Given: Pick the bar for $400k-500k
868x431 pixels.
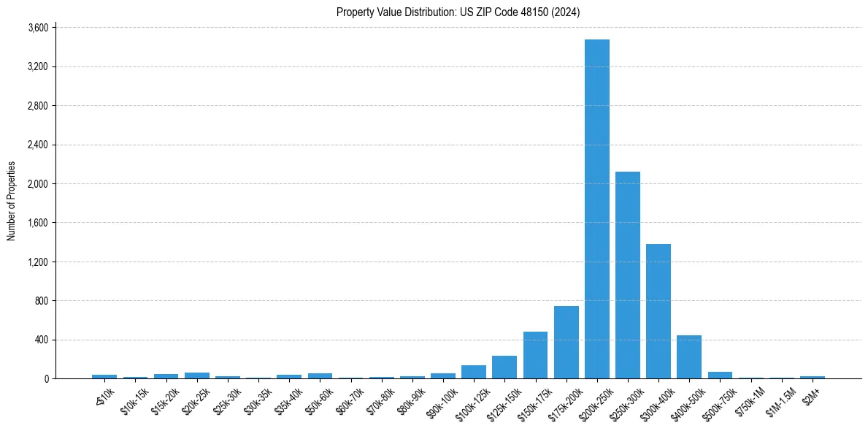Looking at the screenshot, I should coord(688,357).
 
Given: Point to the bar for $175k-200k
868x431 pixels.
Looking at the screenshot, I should coord(566,343).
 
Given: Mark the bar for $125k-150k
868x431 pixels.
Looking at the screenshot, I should coord(504,367).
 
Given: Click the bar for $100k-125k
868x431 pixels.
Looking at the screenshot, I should coord(474,372).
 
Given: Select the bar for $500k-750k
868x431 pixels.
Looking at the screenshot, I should coord(720,375).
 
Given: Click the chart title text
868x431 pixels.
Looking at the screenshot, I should coord(458,12).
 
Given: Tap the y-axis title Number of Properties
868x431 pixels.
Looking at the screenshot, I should coord(12,201).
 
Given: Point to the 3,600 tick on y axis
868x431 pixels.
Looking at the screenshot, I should coord(37,28).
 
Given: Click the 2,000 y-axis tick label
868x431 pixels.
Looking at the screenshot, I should coord(37,184).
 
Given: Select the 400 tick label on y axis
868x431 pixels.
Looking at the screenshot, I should coord(41,340).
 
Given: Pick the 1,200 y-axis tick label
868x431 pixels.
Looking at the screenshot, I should coord(37,262).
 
